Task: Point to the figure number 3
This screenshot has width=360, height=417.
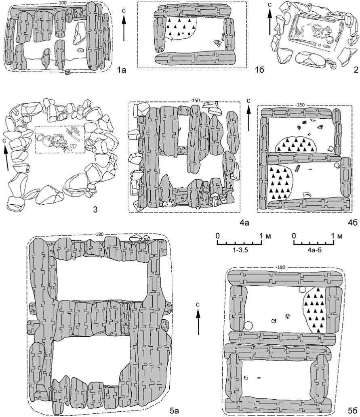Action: coord(95,209)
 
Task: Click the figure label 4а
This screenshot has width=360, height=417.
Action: coord(244,222)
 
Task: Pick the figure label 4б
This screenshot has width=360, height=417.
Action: coord(353,222)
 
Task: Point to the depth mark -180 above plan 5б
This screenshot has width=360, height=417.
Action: coord(281,267)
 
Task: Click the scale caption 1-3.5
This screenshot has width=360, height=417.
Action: coord(240,250)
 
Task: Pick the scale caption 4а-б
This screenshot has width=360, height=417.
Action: coord(314,250)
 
